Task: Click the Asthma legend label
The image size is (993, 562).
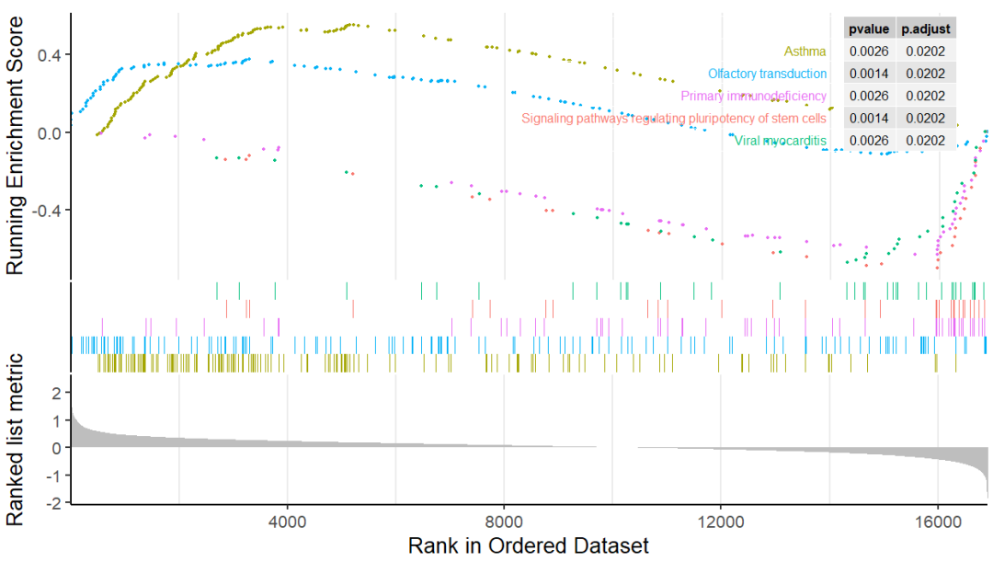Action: point(805,52)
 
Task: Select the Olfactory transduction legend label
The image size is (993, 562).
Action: point(767,74)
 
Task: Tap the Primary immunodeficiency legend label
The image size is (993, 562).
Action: point(753,96)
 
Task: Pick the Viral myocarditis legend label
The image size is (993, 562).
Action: point(780,141)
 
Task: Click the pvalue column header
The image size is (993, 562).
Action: point(867,29)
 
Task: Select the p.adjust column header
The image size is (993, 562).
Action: point(925,29)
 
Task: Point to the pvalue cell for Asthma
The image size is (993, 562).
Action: point(867,52)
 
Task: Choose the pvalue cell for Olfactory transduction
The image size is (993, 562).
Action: point(867,74)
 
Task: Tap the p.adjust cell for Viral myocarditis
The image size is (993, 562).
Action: point(925,141)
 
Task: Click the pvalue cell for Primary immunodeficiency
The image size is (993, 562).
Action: point(867,96)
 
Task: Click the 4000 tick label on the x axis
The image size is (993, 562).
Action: point(288,519)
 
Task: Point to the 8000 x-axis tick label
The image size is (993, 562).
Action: point(505,519)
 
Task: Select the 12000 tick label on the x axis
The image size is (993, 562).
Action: point(721,519)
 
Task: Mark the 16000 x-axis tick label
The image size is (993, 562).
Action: point(938,519)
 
